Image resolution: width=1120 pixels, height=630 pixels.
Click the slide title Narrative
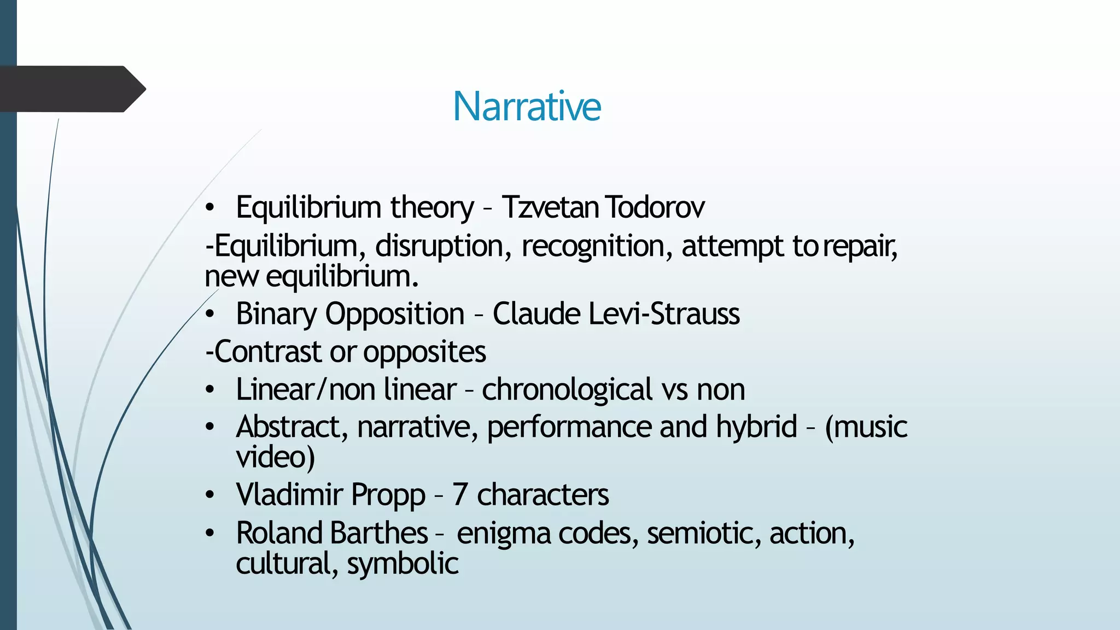[527, 106]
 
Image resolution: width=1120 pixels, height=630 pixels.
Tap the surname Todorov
[655, 207]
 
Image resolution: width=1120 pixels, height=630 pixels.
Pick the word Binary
[276, 314]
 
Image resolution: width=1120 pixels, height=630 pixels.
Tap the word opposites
[424, 352]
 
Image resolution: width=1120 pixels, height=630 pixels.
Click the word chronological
[567, 389]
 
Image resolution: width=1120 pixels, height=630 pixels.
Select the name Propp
[388, 495]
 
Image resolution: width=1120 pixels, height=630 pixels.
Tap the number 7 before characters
[459, 495]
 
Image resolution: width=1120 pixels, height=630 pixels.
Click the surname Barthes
[379, 533]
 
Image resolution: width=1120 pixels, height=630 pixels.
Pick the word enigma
[503, 534]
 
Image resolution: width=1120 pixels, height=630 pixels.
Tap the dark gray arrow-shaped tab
[71, 89]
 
